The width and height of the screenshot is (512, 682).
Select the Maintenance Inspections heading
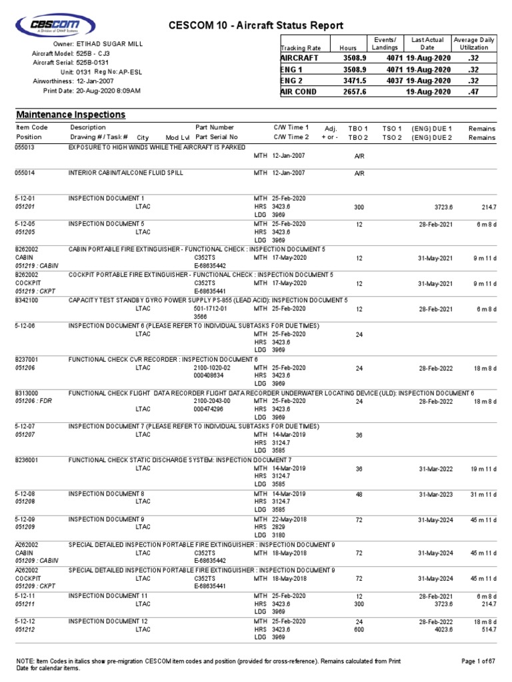[x=71, y=115]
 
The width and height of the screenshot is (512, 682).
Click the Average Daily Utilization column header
[x=475, y=44]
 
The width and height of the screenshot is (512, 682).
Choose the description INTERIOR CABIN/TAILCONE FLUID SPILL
[x=126, y=172]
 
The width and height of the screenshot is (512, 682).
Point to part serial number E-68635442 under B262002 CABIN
[x=211, y=264]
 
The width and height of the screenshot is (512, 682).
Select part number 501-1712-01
[x=211, y=309]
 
